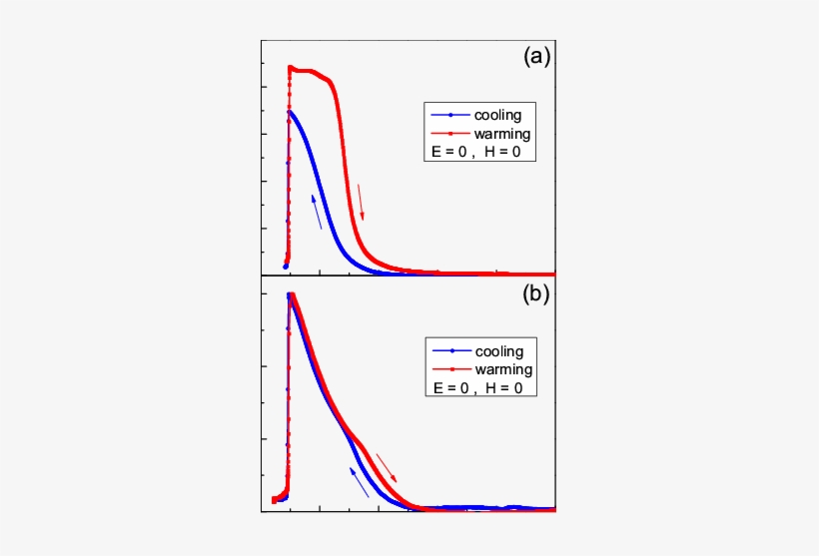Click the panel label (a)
point(537,58)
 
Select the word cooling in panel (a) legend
point(496,115)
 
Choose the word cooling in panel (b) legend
point(501,350)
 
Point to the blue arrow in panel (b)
point(359,480)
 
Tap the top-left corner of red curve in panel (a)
point(290,68)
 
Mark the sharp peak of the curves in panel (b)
point(290,294)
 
